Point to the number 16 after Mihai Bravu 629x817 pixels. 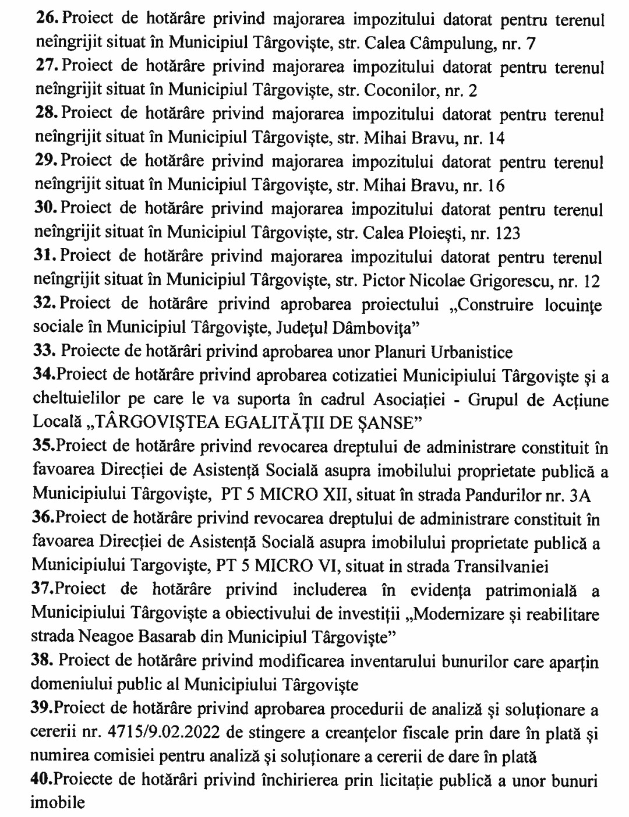tap(496, 186)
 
